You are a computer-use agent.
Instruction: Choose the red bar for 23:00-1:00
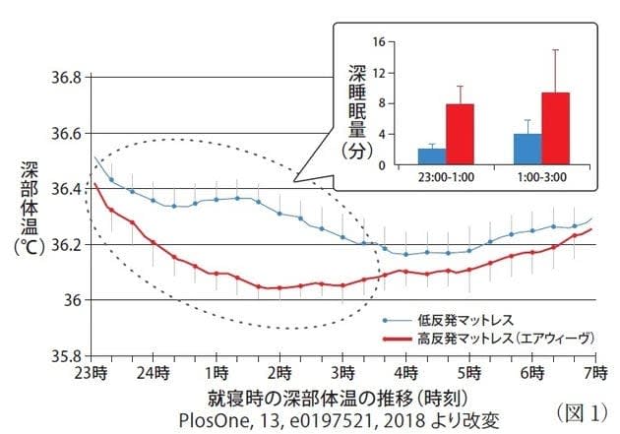tap(460, 135)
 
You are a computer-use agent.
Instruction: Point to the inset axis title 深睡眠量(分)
tap(357, 108)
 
